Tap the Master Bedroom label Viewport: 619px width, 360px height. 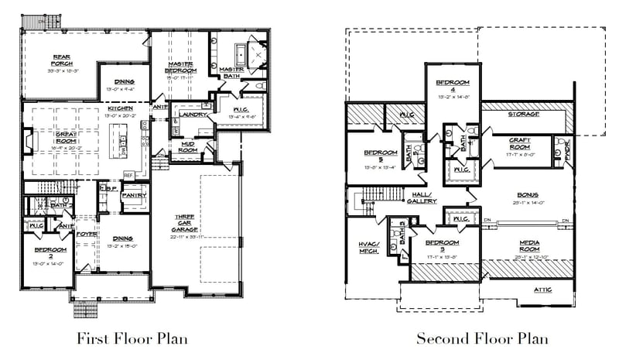(180, 67)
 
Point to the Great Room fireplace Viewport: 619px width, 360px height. (27, 144)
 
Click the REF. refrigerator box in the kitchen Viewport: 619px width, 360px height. (128, 175)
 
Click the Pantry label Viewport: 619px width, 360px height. (134, 196)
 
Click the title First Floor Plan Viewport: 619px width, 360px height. (132, 338)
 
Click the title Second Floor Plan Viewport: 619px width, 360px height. (483, 338)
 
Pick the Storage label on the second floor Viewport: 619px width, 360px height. (523, 114)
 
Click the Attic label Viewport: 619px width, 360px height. (542, 290)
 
